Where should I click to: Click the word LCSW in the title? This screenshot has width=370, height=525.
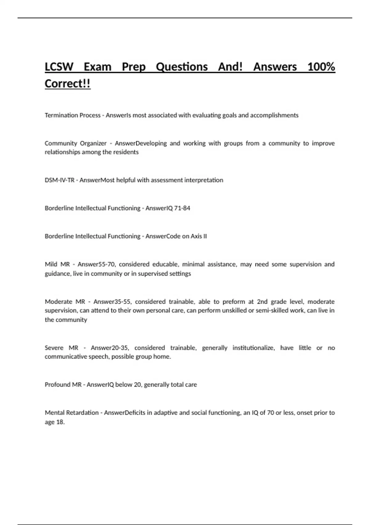pos(59,67)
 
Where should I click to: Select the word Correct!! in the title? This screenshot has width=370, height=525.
pos(68,84)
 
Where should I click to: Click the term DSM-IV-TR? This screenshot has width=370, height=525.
pos(60,180)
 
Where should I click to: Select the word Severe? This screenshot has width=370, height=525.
pos(54,348)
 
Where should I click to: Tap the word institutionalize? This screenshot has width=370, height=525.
pos(253,348)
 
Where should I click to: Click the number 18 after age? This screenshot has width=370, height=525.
pos(60,422)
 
